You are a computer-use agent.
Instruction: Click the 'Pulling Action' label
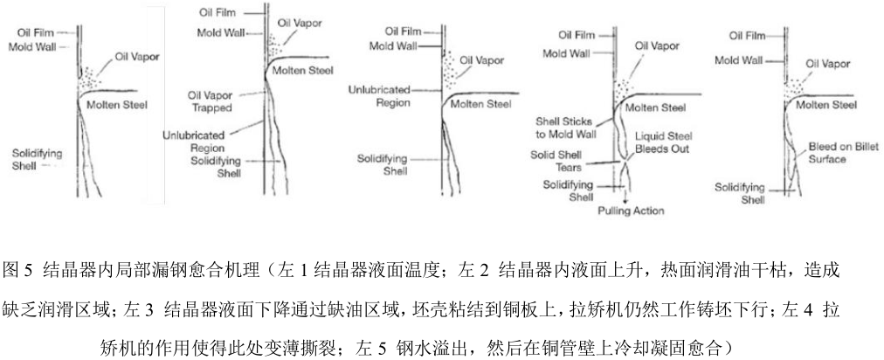[x=631, y=211]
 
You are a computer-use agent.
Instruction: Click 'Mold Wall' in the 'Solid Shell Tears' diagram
[x=565, y=52]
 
